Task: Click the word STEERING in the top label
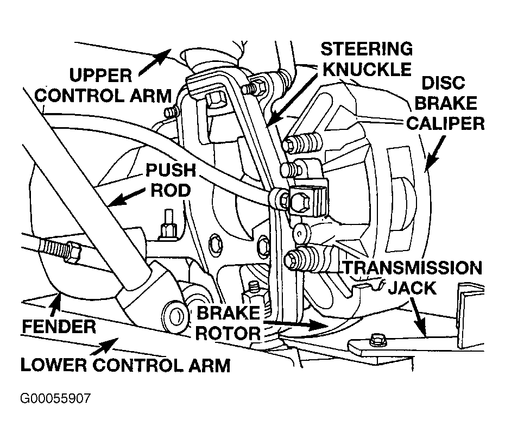(367, 49)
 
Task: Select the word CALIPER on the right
(445, 123)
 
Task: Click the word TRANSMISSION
(413, 268)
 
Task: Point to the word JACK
(412, 288)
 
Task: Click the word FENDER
(59, 327)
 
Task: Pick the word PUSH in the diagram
(171, 171)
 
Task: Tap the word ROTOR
(228, 333)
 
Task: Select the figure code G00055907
(55, 398)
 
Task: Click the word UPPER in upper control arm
(101, 76)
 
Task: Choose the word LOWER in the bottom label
(54, 365)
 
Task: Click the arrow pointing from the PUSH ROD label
(126, 197)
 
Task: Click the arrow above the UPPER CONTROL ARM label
(155, 62)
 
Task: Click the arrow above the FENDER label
(55, 303)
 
